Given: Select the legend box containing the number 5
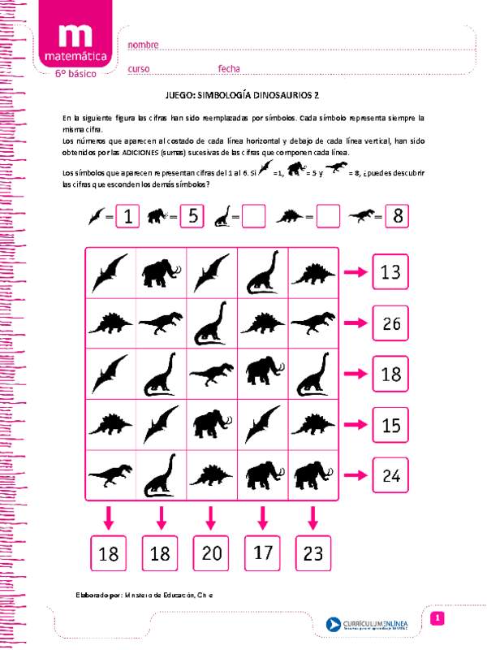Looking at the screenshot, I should [191, 217].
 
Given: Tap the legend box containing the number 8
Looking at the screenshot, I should [396, 217].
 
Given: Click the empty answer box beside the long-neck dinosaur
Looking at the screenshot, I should [254, 217].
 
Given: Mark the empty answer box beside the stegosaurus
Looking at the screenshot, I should [327, 217].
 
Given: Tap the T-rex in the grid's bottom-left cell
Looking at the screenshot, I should [110, 474].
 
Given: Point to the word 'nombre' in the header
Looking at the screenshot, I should [143, 45].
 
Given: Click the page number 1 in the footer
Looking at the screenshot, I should [437, 619].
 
